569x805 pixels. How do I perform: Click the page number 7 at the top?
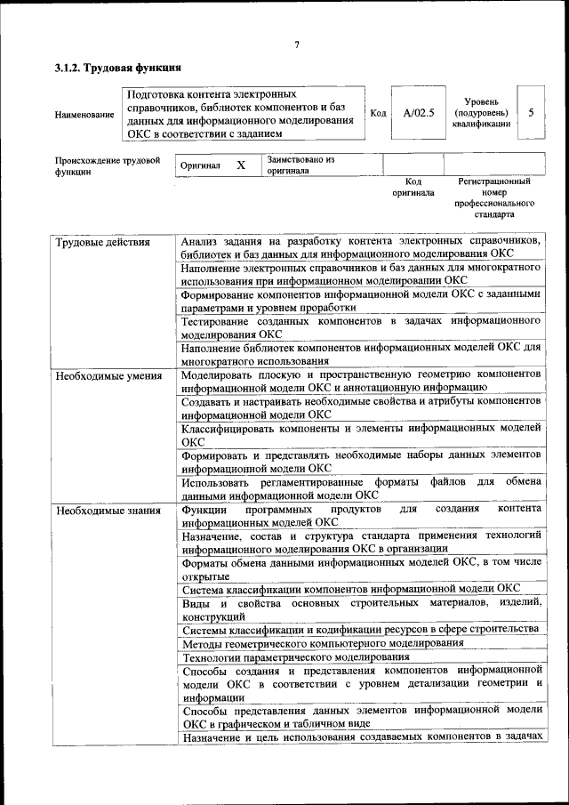click(296, 45)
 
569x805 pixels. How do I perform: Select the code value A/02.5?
click(418, 114)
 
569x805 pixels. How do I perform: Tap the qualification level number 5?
click(531, 113)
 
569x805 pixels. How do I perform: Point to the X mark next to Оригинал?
click(240, 165)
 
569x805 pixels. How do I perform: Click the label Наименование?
click(84, 114)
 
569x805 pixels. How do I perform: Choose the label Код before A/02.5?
click(378, 114)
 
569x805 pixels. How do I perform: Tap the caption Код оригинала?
click(413, 187)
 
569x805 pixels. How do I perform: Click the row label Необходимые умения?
click(108, 376)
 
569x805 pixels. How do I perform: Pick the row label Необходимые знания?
click(108, 511)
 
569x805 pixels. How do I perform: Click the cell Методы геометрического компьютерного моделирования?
click(323, 642)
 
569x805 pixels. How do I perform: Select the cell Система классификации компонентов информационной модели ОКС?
click(351, 588)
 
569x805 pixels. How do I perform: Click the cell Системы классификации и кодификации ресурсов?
click(360, 629)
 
